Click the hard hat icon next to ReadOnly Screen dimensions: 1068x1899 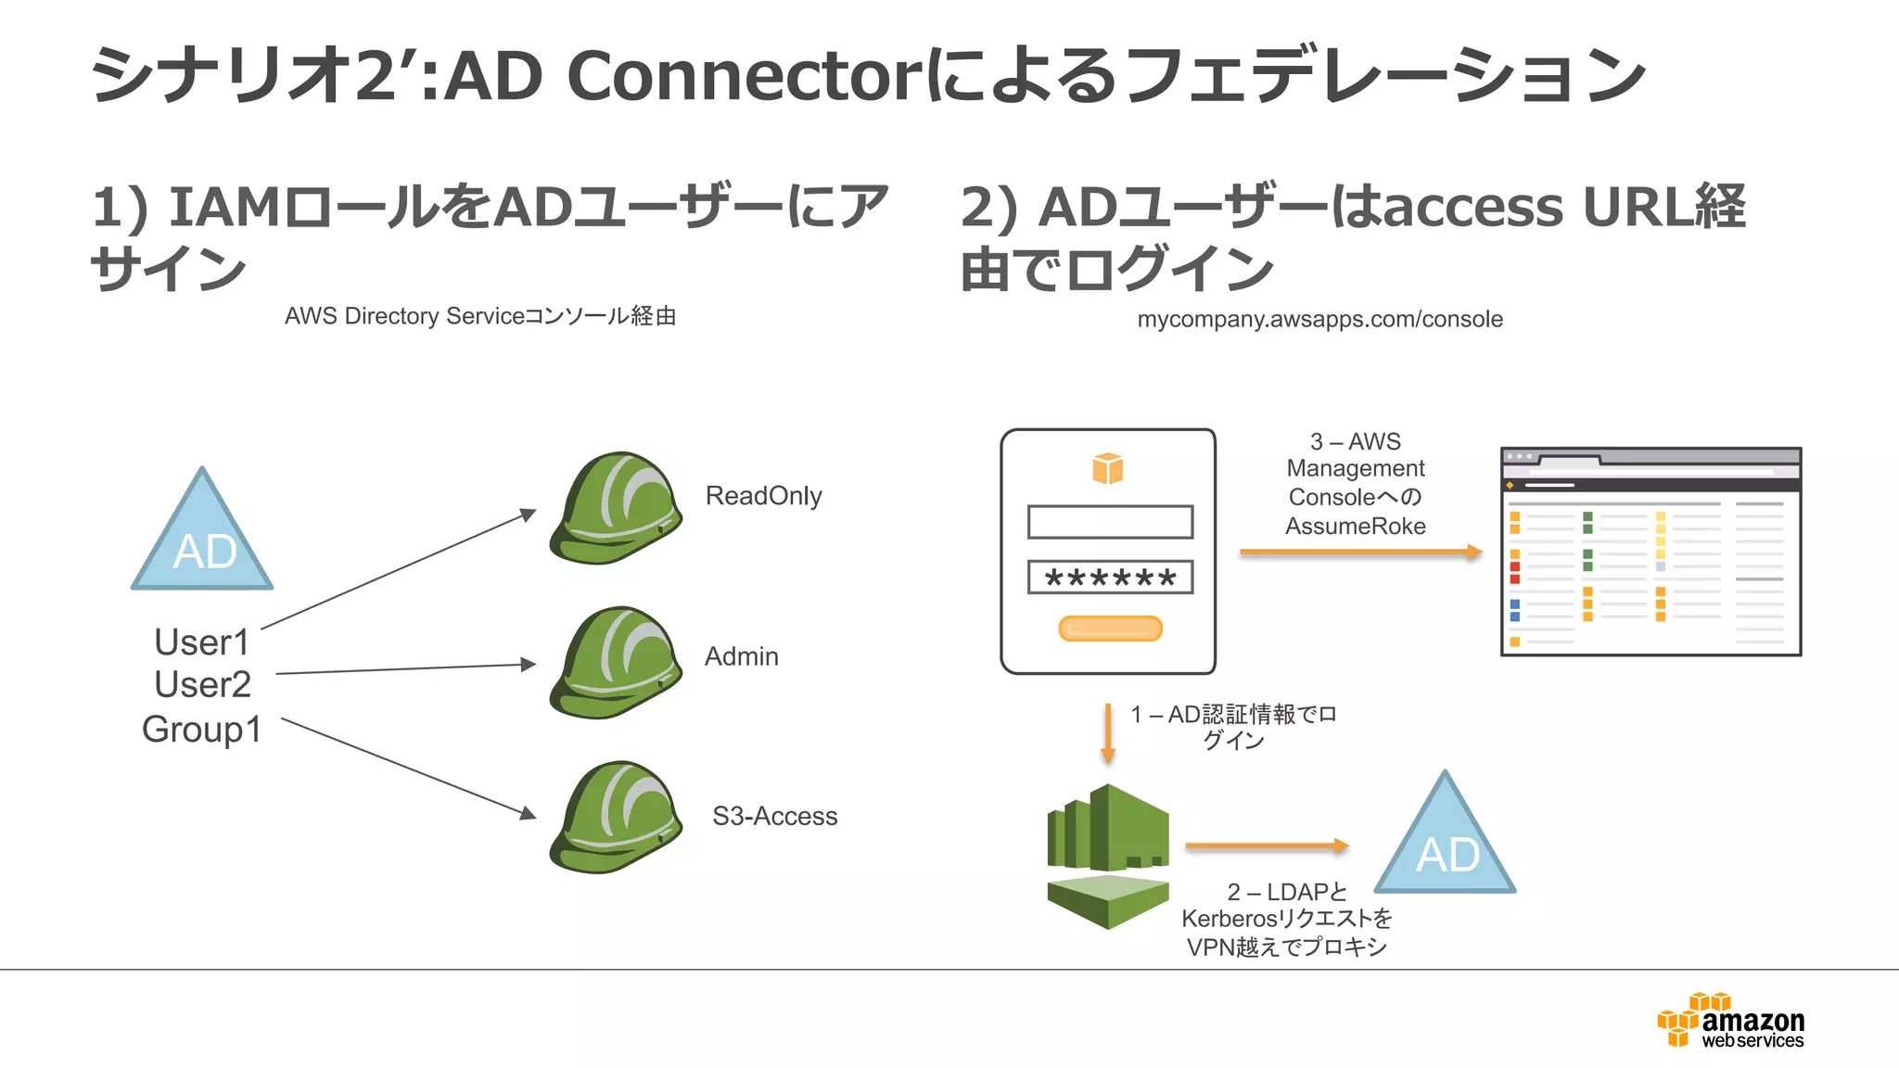(x=616, y=508)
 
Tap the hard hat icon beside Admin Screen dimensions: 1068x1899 (x=616, y=663)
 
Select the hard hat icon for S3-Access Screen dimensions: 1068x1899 (x=616, y=818)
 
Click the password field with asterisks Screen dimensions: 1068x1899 (x=1110, y=578)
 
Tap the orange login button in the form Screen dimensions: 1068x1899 (x=1110, y=629)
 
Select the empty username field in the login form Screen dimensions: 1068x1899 (x=1110, y=522)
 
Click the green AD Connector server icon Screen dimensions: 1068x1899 (x=1108, y=855)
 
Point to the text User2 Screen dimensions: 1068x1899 (x=202, y=685)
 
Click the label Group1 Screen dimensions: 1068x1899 (x=201, y=730)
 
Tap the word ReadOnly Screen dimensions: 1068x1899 (x=763, y=496)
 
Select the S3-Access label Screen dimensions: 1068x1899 (x=774, y=817)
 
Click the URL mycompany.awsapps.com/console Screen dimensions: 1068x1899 (x=1319, y=319)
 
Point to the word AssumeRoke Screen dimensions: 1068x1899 (x=1355, y=527)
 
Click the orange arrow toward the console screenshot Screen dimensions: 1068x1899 (x=1359, y=553)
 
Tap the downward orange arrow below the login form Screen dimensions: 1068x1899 (x=1107, y=733)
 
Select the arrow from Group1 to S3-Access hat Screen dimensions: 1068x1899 (x=408, y=768)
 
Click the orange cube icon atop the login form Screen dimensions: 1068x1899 (x=1107, y=469)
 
